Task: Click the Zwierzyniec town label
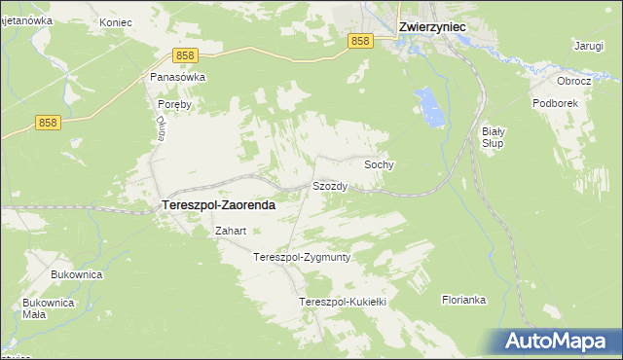[435, 28]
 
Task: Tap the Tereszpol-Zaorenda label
[216, 205]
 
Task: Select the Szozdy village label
[330, 186]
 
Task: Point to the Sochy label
[379, 165]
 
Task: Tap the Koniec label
[115, 20]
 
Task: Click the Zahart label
[230, 232]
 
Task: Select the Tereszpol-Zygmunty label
[301, 258]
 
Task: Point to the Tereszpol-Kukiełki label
[344, 303]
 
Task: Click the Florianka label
[463, 300]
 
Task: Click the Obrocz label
[573, 81]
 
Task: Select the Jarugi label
[588, 46]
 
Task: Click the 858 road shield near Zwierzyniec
[360, 40]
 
